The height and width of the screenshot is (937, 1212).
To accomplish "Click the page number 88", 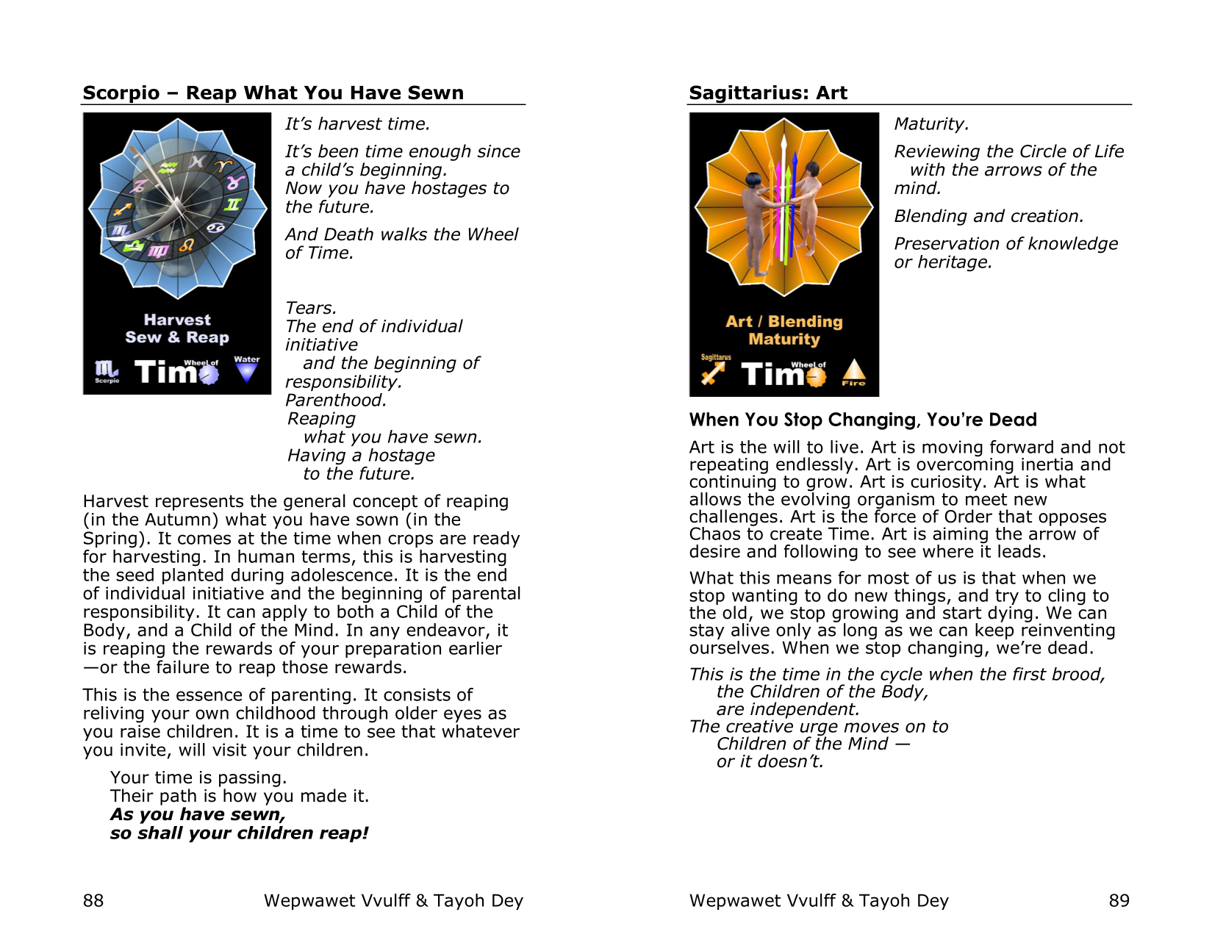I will click(93, 900).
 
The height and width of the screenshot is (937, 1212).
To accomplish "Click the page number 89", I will click(1119, 900).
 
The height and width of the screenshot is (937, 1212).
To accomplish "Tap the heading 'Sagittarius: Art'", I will click(767, 93).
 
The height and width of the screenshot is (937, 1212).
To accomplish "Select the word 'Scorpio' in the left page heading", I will click(121, 93).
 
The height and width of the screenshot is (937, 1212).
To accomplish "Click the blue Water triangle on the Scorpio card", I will click(247, 371).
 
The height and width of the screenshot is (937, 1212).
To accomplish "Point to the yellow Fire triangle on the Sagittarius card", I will click(853, 371).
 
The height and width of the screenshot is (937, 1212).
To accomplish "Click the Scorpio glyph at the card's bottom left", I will click(106, 370).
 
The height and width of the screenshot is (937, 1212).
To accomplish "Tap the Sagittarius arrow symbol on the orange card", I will click(713, 374).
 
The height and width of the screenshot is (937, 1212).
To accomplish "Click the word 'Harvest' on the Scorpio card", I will click(177, 320).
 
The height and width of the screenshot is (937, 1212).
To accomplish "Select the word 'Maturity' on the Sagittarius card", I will click(784, 340).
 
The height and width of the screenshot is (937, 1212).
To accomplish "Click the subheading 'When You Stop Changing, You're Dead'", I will click(863, 420).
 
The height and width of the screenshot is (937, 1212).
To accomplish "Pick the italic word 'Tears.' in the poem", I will click(311, 308).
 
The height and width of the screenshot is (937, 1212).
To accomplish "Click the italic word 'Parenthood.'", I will click(336, 401).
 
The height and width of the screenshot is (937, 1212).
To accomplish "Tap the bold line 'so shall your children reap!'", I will click(239, 833).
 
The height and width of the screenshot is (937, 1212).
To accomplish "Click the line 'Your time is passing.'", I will click(198, 778).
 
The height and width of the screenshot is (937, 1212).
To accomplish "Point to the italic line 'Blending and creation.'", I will click(989, 216).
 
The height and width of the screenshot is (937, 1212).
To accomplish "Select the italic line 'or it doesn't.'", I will click(770, 762).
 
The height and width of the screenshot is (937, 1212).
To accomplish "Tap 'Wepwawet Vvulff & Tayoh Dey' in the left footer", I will click(393, 900).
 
